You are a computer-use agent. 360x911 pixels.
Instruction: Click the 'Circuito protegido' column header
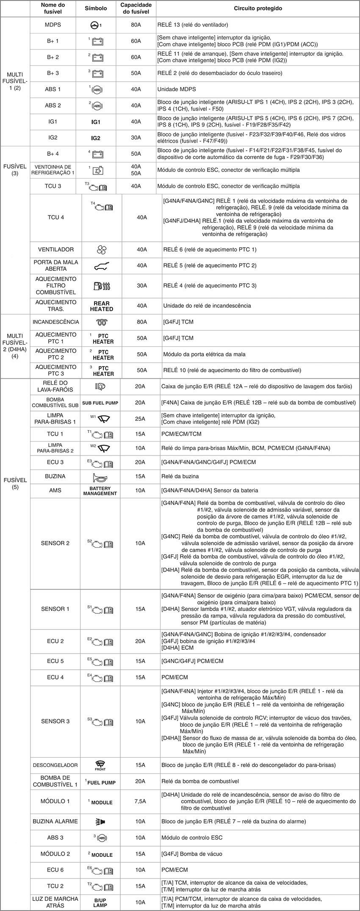point(258,8)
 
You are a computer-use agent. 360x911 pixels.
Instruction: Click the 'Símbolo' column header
point(96,8)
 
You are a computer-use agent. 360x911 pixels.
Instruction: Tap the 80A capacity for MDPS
point(136,25)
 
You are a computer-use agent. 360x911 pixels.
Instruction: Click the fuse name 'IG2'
point(53,138)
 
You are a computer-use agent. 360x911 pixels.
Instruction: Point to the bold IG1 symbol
point(96,122)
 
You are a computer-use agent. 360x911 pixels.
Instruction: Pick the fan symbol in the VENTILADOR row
point(100,250)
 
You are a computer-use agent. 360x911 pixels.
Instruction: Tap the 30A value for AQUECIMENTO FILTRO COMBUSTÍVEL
point(142,286)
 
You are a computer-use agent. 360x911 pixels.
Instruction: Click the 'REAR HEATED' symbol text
point(102,306)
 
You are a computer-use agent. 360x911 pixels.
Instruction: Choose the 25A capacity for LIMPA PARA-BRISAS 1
point(140,419)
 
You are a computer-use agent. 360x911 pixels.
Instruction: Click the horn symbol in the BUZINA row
point(100,477)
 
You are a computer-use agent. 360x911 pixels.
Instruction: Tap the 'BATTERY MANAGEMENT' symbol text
point(100,491)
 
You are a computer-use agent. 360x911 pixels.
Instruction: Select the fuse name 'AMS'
point(55,491)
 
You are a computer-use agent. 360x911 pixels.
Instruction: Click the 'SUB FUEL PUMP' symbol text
point(100,403)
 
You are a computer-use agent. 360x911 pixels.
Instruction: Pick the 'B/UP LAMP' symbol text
point(100,902)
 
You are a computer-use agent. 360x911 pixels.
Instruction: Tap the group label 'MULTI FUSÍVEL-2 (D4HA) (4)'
point(15,346)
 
